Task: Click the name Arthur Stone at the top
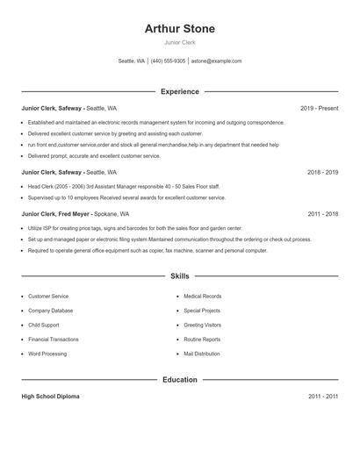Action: (179, 28)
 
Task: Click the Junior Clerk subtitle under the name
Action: (179, 42)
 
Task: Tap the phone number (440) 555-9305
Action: (168, 61)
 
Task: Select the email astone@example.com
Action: (216, 61)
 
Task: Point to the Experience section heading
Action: (179, 91)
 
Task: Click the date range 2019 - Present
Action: (319, 108)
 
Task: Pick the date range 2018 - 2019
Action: (322, 173)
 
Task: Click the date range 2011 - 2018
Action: (322, 213)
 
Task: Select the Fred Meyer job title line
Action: (76, 213)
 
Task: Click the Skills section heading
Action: (179, 276)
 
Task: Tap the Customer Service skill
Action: (47, 297)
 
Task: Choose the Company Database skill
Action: (50, 311)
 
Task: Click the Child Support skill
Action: (43, 325)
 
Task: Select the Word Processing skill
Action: (47, 354)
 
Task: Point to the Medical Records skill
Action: (202, 297)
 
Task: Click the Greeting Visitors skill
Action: (202, 325)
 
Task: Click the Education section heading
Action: (179, 380)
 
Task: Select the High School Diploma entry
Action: (50, 397)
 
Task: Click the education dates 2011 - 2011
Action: (322, 397)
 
